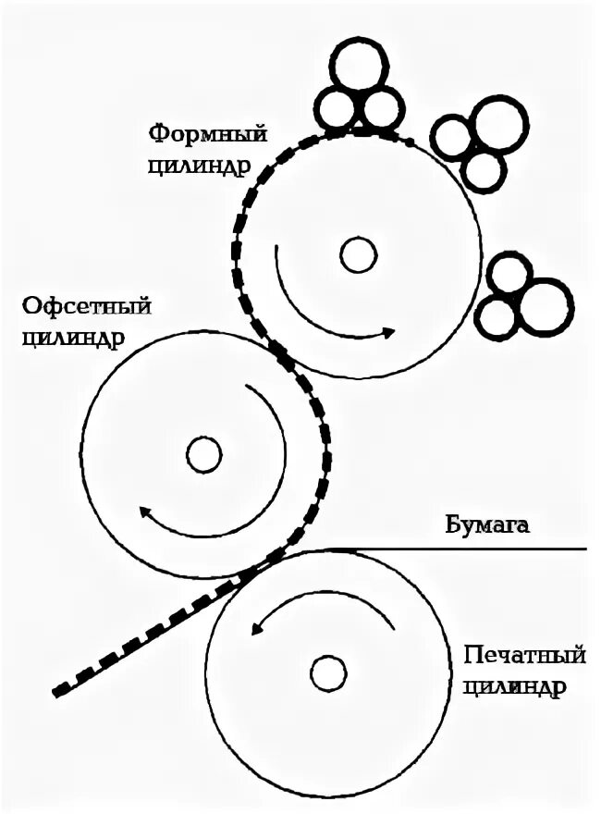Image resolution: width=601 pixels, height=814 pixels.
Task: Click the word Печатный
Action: click(x=524, y=658)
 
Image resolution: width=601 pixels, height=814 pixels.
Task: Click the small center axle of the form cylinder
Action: click(x=358, y=253)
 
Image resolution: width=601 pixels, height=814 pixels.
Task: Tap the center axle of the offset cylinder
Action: click(x=203, y=454)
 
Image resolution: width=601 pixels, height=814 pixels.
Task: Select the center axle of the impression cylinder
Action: click(x=328, y=672)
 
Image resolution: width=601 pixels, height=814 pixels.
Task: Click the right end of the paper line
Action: click(x=585, y=549)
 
